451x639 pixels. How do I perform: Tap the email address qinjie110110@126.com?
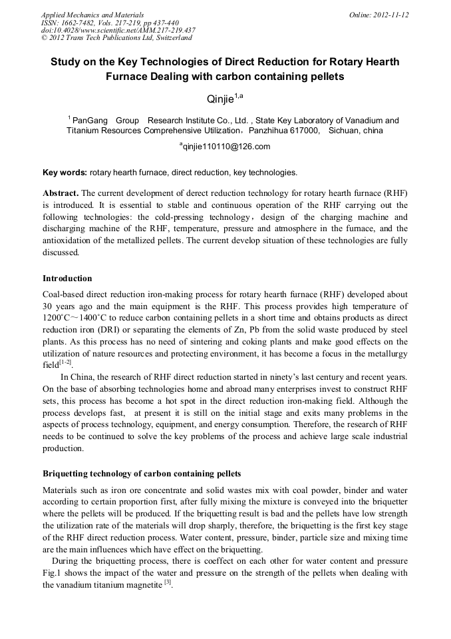tap(225, 147)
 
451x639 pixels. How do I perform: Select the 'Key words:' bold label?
tap(65, 173)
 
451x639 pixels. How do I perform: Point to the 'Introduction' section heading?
tap(67, 278)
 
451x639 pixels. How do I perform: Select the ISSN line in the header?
tap(110, 23)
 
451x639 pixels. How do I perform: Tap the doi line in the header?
tap(118, 31)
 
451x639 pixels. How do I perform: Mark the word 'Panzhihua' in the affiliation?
tap(269, 131)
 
